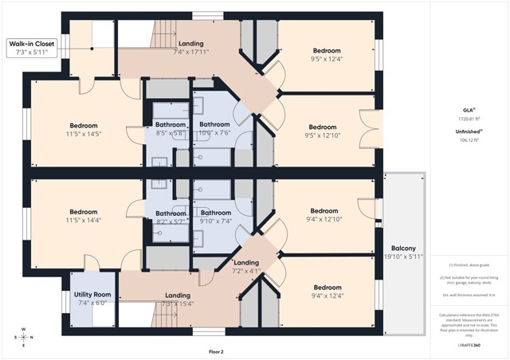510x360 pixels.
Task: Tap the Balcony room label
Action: tap(403, 248)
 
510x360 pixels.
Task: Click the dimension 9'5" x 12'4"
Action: tap(325, 57)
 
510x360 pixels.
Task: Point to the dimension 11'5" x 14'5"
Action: tap(84, 134)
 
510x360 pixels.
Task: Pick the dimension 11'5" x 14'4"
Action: tap(84, 220)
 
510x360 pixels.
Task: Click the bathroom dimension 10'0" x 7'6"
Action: tap(214, 134)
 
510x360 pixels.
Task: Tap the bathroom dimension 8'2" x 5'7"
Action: tap(171, 221)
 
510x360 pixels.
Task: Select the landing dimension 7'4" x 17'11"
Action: tap(190, 52)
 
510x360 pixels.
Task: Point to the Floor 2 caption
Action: tap(216, 350)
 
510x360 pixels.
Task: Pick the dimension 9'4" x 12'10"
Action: tap(324, 219)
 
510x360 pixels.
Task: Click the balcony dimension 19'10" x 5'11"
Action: tap(403, 256)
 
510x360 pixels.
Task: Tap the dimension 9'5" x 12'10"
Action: tap(323, 135)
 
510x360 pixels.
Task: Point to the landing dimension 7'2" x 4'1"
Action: tap(245, 271)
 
